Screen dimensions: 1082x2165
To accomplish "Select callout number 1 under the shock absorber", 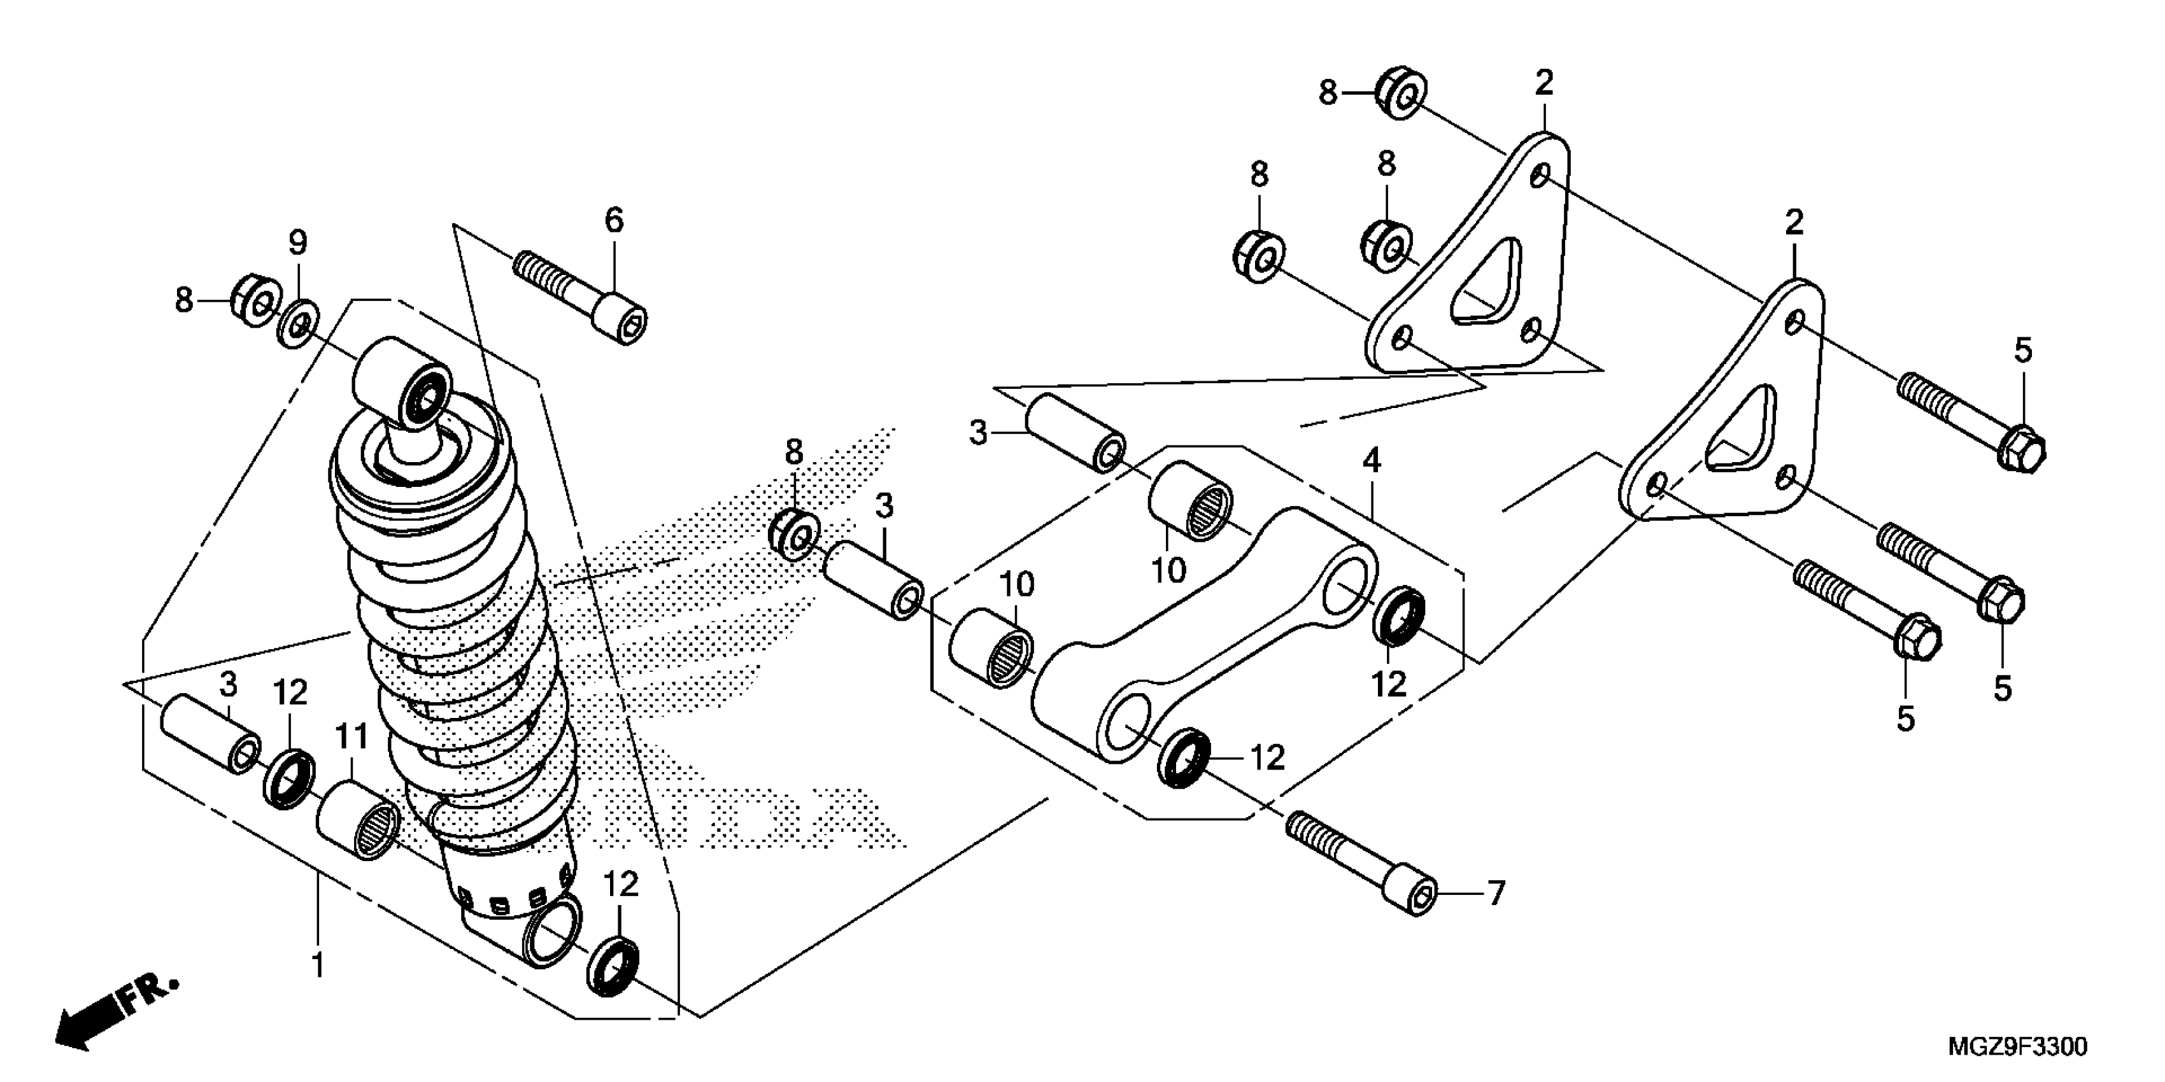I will pyautogui.click(x=318, y=966).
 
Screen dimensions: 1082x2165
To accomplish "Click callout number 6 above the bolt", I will pyautogui.click(x=614, y=220).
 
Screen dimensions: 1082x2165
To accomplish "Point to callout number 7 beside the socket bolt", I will pyautogui.click(x=1495, y=893).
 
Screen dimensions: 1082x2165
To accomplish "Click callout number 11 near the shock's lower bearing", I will pyautogui.click(x=352, y=737).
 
